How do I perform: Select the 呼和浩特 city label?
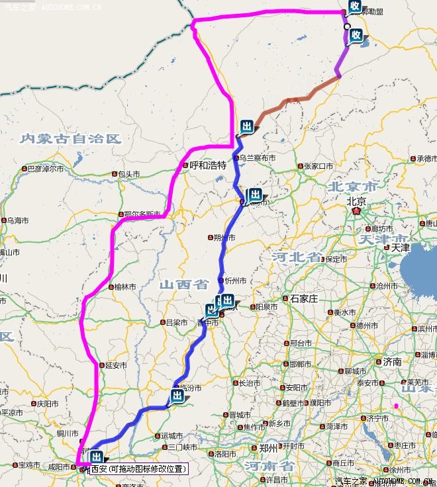[x=208, y=165]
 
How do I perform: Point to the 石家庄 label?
[x=304, y=299]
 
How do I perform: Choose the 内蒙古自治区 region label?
[x=71, y=138]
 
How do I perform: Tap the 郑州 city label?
[x=268, y=448]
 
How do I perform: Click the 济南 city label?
[x=392, y=362]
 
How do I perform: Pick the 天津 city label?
[x=400, y=247]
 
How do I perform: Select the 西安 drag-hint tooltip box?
[x=138, y=468]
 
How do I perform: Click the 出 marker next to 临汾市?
[x=177, y=396]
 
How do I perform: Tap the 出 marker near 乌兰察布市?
[x=247, y=126]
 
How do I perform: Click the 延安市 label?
[x=116, y=365]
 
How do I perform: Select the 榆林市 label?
[x=124, y=287]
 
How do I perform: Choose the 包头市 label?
[x=128, y=174]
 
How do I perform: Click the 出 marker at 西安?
[x=97, y=457]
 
